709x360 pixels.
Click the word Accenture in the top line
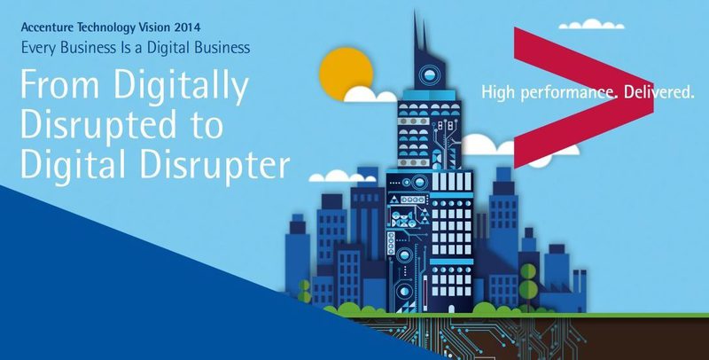click(x=48, y=27)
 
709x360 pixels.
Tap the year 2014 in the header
click(x=187, y=27)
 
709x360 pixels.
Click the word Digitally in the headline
click(x=181, y=87)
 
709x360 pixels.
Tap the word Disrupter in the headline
click(x=214, y=165)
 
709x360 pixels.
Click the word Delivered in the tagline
click(x=658, y=92)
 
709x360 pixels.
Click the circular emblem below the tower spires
click(x=429, y=75)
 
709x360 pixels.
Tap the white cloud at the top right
click(x=591, y=25)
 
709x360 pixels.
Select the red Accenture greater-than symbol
click(x=583, y=98)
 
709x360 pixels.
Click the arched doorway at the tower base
click(x=451, y=309)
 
